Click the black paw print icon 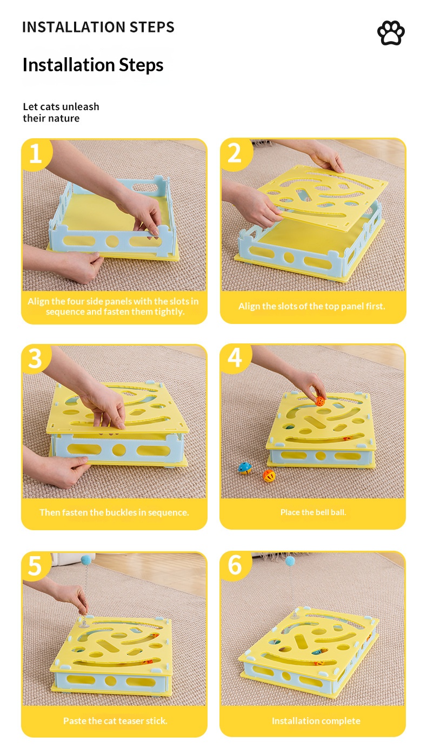[x=391, y=33]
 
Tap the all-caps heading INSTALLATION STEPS [x=98, y=27]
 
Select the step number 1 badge [x=36, y=154]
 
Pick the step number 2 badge [x=235, y=154]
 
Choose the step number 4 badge [x=235, y=358]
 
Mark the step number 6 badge [x=235, y=565]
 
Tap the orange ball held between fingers [x=320, y=401]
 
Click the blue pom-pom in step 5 [x=86, y=559]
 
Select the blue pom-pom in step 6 [x=290, y=561]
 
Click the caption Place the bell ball [x=313, y=512]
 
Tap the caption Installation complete [x=316, y=721]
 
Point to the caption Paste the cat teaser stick [x=115, y=721]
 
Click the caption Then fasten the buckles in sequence [x=114, y=512]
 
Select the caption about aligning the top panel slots [x=312, y=306]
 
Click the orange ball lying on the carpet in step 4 [x=269, y=476]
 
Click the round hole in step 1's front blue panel [x=112, y=241]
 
